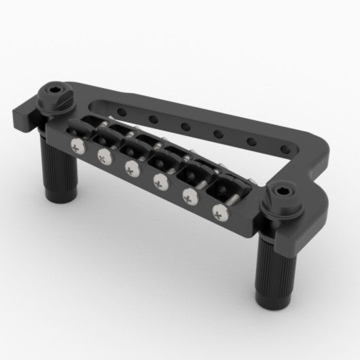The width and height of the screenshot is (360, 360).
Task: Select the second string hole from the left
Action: coord(156,118)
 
